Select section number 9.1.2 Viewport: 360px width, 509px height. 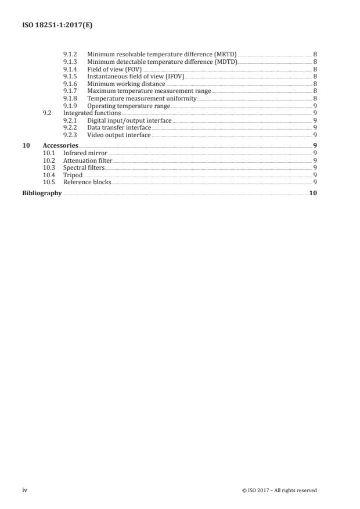point(70,54)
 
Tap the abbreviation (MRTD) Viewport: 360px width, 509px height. point(225,54)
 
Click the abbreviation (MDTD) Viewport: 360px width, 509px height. point(226,62)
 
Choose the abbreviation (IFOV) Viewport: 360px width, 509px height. point(174,77)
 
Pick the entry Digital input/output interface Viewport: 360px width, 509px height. point(129,120)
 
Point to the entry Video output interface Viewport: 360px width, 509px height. point(119,135)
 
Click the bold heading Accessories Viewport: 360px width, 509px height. point(60,145)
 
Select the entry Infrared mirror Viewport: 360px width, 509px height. point(85,153)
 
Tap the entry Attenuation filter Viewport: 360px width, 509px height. point(88,160)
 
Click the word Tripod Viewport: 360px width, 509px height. point(73,175)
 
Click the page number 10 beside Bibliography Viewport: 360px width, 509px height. point(313,193)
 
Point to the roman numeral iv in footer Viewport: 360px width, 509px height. point(25,490)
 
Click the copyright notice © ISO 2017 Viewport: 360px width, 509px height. point(279,490)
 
